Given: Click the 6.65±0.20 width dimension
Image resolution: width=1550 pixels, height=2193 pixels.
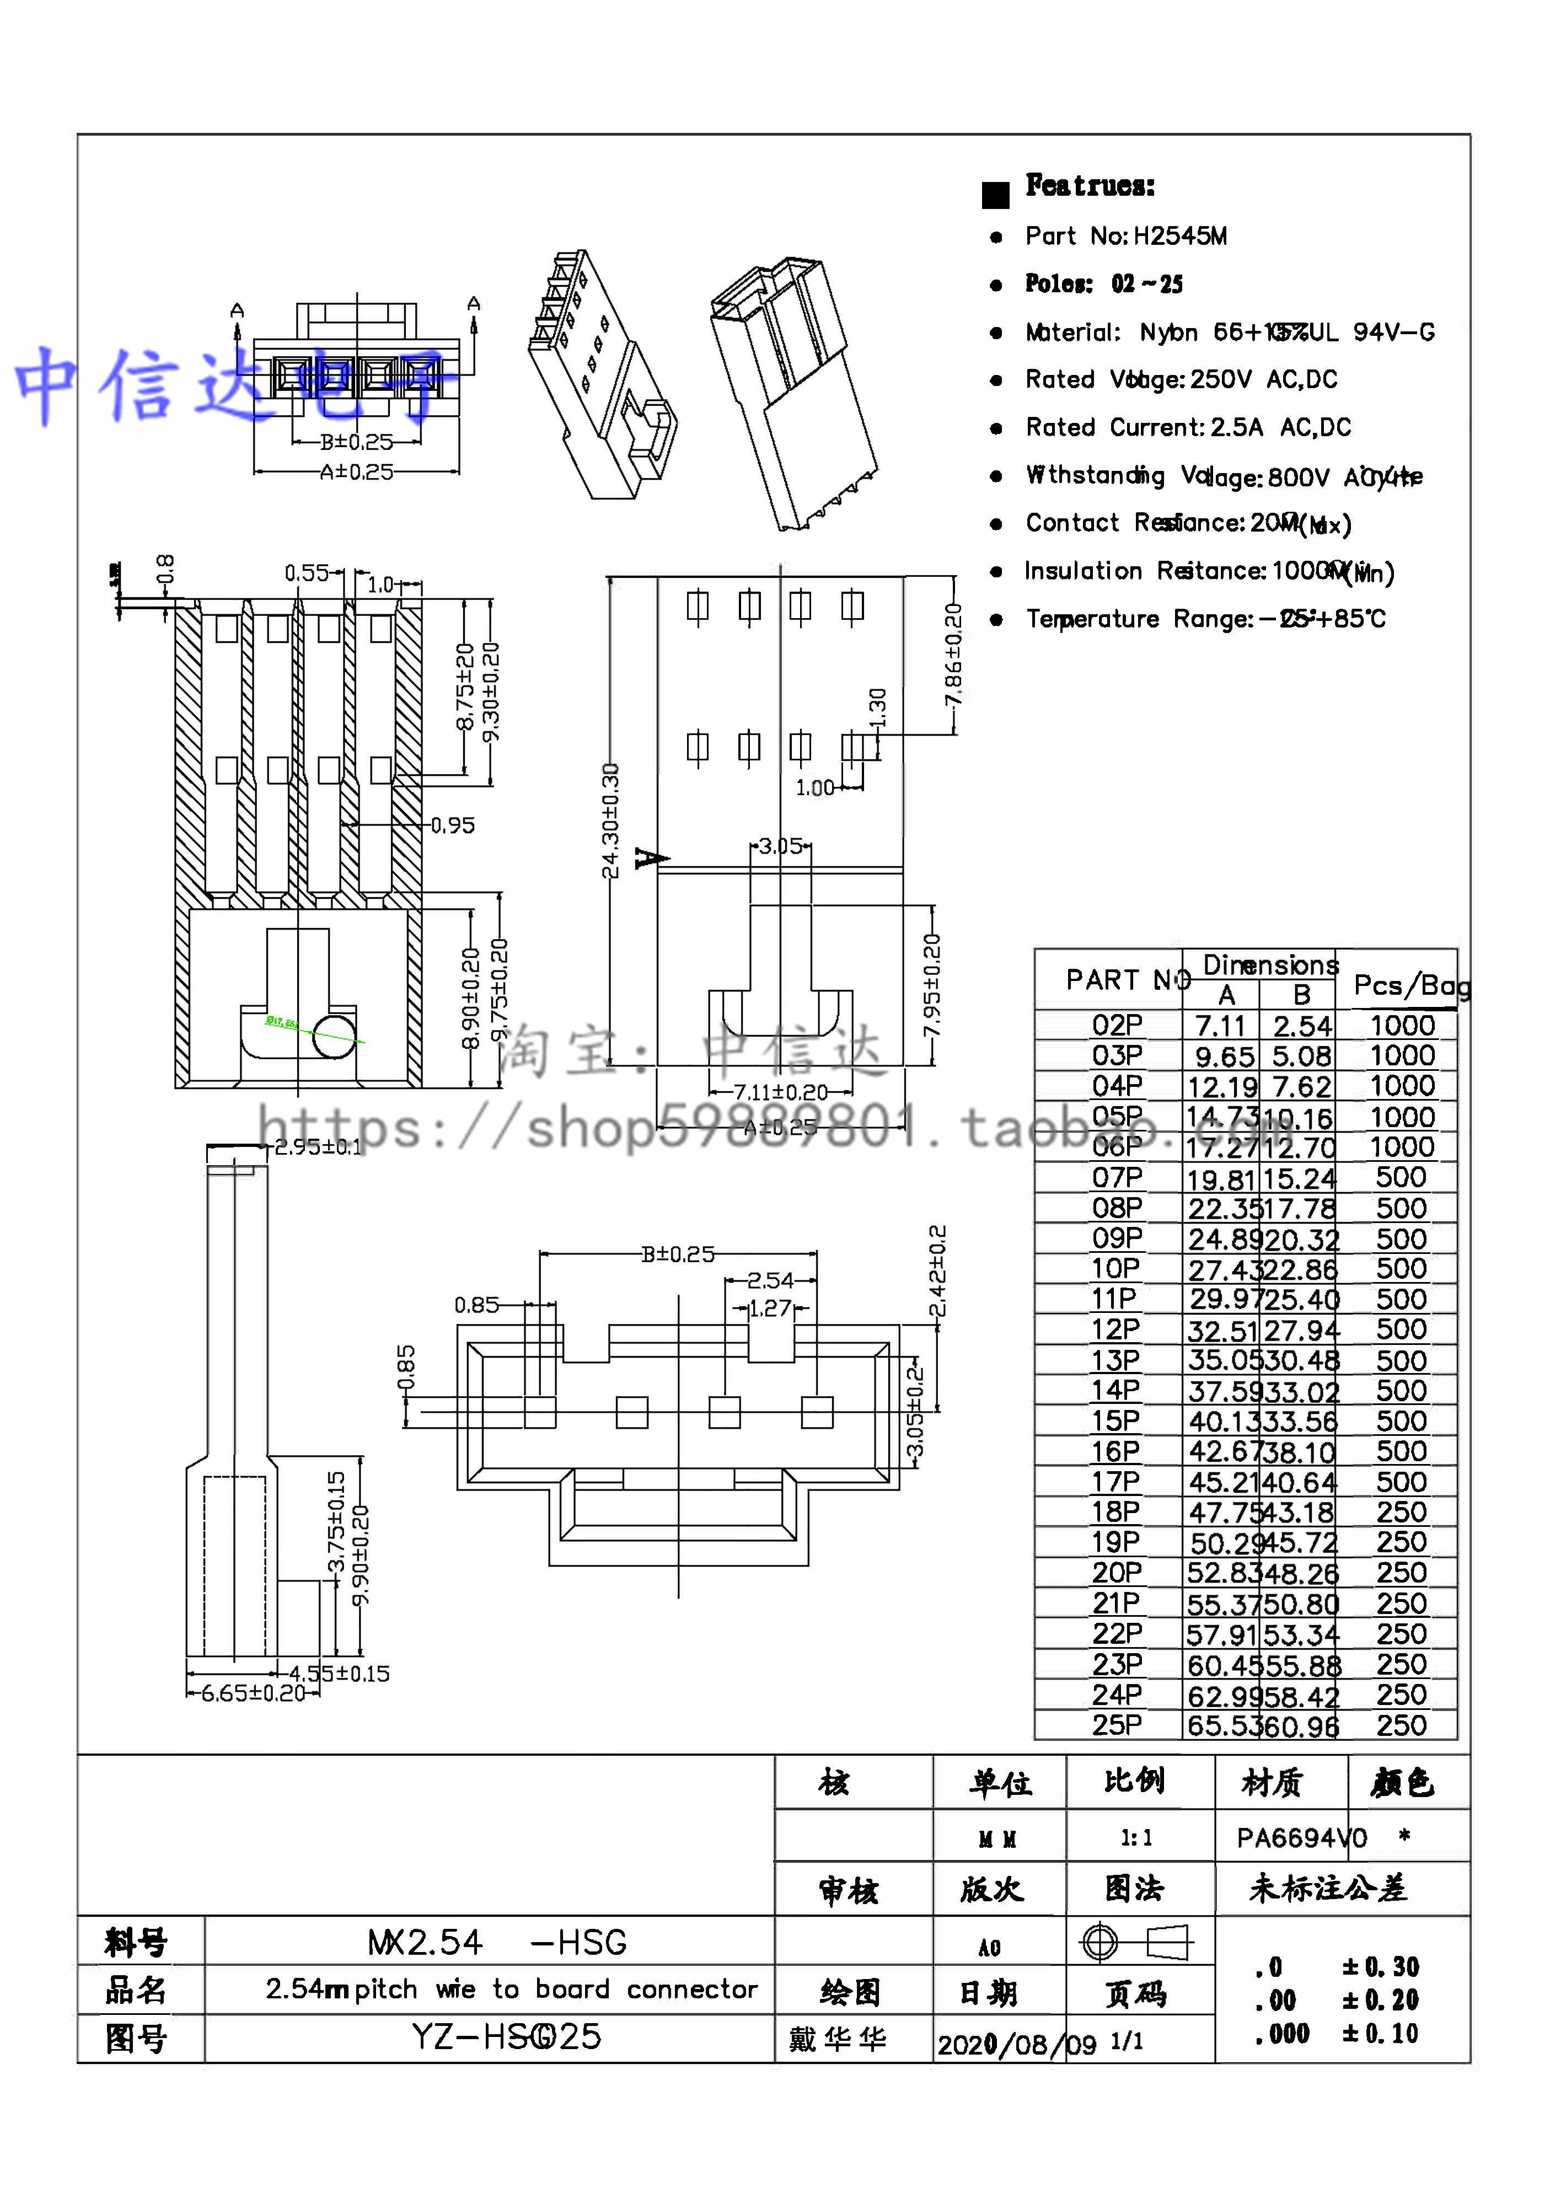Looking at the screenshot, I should point(252,1693).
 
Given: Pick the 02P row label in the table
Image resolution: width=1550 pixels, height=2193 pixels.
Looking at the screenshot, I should point(1117,1026).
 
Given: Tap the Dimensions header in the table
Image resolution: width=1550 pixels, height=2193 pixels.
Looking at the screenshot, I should point(1270,964).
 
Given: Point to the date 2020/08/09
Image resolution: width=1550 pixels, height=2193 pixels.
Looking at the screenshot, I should point(1016,2045).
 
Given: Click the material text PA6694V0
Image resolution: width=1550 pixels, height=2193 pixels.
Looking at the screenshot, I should point(1301,1838).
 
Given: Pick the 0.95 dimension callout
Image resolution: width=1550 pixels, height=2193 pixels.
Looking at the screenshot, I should point(453,825).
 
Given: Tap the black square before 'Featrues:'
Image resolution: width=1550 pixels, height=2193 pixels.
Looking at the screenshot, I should point(995,195).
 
